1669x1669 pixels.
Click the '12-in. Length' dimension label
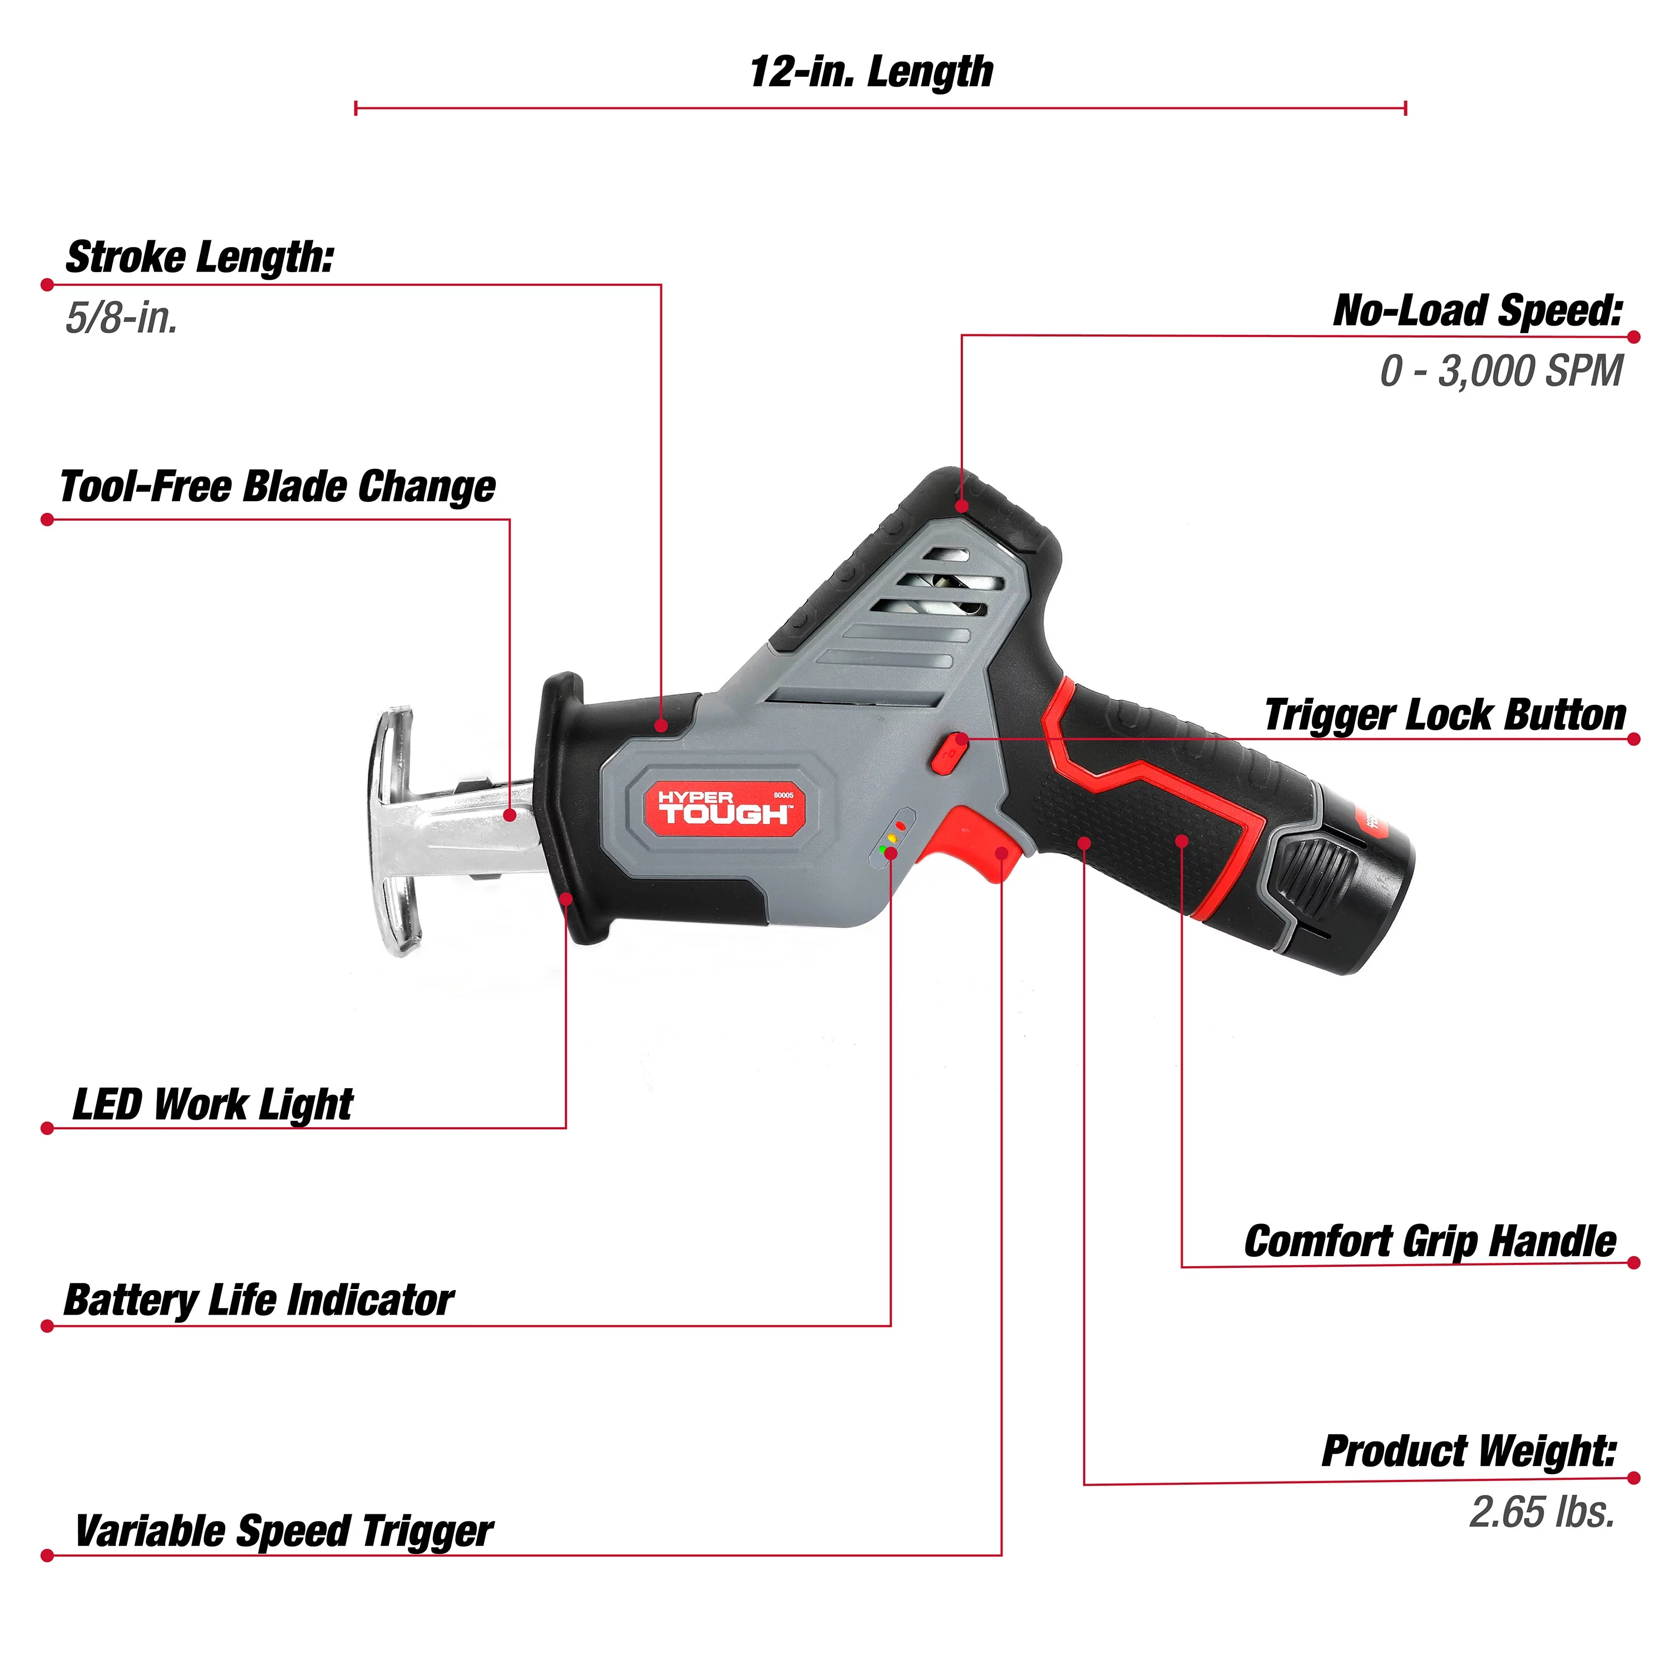pyautogui.click(x=871, y=72)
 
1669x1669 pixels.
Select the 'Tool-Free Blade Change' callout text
pyautogui.click(x=277, y=486)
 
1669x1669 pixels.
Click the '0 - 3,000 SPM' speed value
pyautogui.click(x=1500, y=372)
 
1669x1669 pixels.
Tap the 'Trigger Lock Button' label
pyautogui.click(x=1444, y=715)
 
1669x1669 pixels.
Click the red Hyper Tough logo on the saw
pyautogui.click(x=724, y=808)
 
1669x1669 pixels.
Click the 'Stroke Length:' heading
pyautogui.click(x=200, y=258)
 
